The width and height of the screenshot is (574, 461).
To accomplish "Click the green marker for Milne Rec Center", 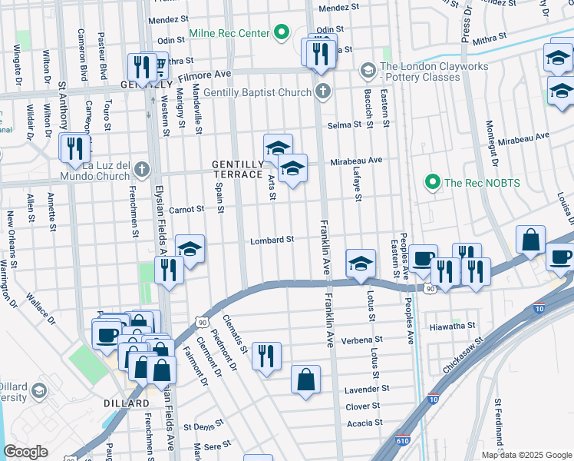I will coord(282,34).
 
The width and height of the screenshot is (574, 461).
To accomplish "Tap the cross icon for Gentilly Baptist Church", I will coord(323,92).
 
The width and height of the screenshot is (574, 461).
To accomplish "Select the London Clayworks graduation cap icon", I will coord(368,70).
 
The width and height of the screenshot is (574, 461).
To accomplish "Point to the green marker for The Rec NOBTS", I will coord(432,182).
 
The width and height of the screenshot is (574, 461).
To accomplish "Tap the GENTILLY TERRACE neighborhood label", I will coord(238,169).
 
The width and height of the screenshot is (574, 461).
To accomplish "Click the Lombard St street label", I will coord(272,240).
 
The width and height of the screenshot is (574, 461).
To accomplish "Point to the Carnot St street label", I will coord(186,209).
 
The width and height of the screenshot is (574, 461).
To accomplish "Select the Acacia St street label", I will coord(365,423).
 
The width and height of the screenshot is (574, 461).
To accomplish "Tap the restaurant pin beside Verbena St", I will coord(266,356).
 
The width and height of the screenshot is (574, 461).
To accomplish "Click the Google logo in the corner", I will coord(25,452).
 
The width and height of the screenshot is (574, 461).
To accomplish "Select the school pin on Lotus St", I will coord(361,264).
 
